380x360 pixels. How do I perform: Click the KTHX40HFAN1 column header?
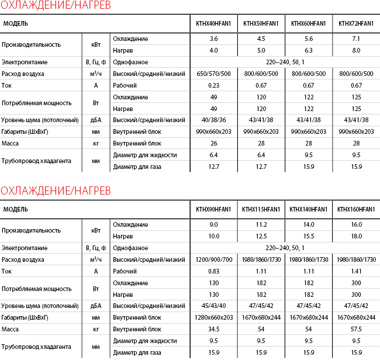coord(213,24)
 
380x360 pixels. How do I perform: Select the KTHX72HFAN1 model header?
coord(356,24)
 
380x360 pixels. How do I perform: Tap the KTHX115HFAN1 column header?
coord(261,209)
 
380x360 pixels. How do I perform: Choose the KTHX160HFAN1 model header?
coord(356,209)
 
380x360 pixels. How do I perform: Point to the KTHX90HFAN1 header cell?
coord(213,209)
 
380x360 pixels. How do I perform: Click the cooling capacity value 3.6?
coord(213,39)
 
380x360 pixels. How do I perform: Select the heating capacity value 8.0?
coord(356,50)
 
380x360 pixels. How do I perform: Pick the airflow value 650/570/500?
coord(213,74)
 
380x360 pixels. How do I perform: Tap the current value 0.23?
coord(213,85)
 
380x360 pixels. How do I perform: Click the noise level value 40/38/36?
coord(213,120)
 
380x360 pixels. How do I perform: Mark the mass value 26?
coord(213,143)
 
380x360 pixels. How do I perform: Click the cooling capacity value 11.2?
coord(261,224)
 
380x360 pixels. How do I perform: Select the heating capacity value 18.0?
coord(356,236)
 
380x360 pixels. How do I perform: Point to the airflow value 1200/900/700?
coord(213,259)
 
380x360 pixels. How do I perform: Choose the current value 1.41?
coord(356,271)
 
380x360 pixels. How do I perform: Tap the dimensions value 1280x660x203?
coord(213,317)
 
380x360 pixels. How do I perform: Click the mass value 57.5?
coord(356,328)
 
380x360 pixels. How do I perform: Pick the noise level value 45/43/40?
coord(213,305)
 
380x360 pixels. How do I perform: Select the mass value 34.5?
coord(213,328)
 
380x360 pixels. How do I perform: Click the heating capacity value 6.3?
coord(308,50)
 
